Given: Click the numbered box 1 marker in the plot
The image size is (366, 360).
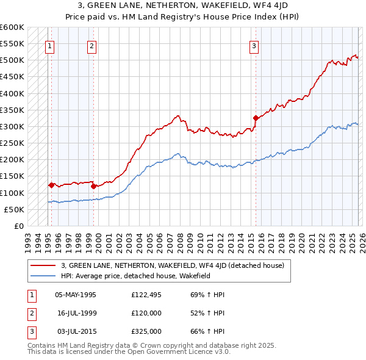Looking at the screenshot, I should [50, 45].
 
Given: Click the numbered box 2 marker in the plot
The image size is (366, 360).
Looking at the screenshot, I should [92, 45].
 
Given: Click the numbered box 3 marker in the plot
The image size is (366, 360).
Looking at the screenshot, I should [254, 45].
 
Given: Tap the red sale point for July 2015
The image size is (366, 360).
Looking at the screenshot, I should [256, 118].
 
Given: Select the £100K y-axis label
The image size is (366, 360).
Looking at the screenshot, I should [12, 193].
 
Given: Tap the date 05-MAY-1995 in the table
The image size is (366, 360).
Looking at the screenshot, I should [76, 295].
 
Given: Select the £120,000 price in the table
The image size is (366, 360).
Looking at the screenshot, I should [146, 313].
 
